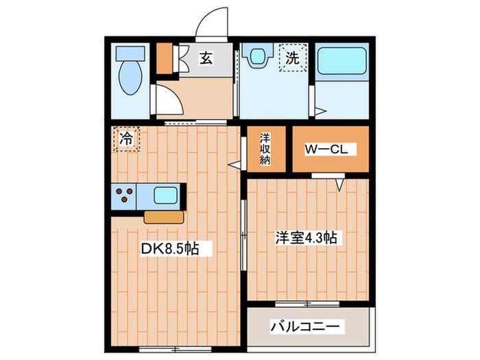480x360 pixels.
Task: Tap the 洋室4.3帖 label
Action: pos(307,238)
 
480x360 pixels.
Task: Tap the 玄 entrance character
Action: pos(206,59)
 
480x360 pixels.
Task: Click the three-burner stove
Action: pos(124,195)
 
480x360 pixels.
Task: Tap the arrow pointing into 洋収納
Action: pos(235,164)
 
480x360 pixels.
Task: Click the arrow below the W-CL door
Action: pos(339,184)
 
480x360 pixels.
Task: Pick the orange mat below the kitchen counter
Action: pos(164,217)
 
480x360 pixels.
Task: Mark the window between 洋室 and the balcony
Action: pos(307,303)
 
